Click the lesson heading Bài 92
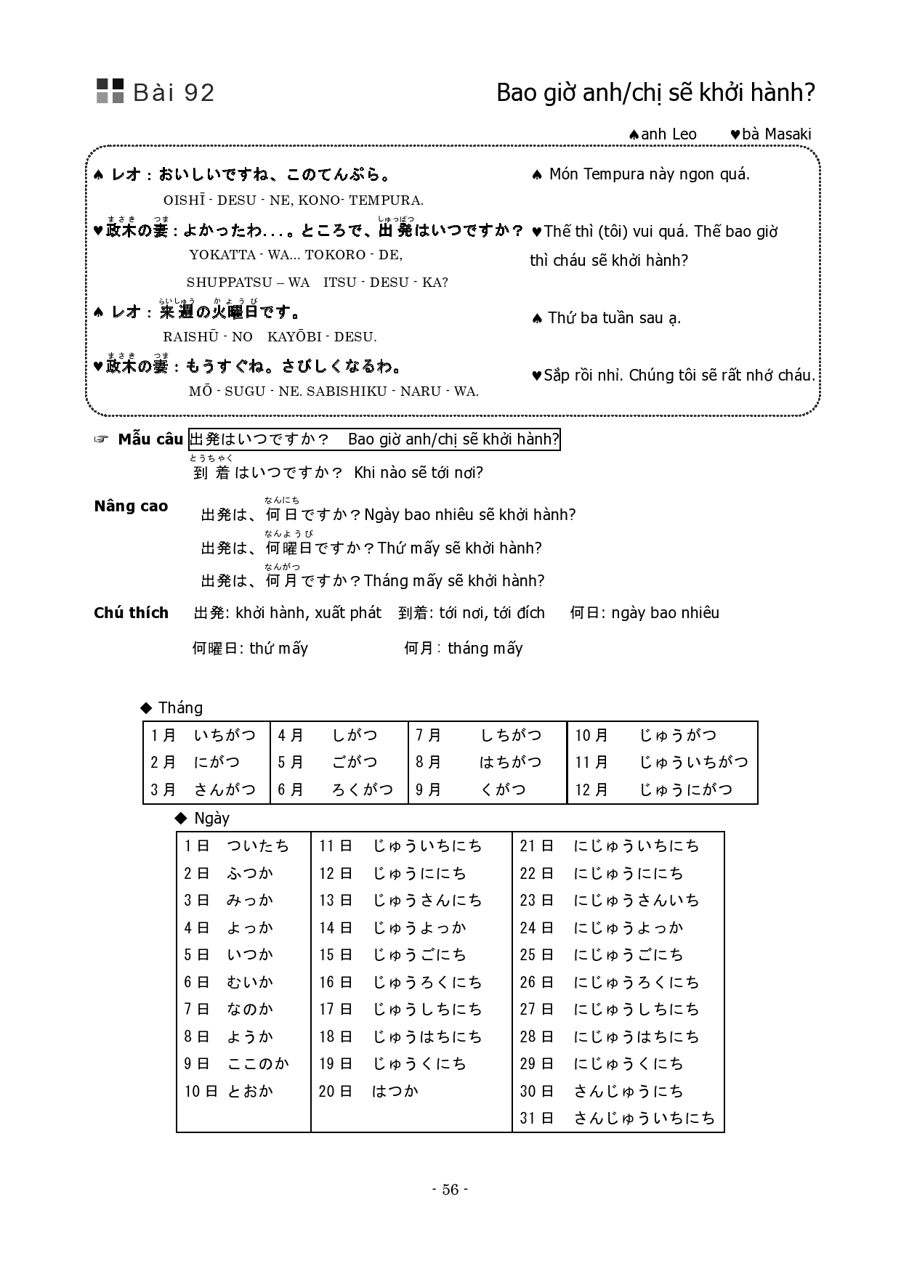point(174,93)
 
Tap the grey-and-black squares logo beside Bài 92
point(110,91)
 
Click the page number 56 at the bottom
point(450,1189)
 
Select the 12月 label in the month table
point(591,790)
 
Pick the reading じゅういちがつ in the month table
point(693,762)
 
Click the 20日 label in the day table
point(335,1091)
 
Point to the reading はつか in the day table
point(395,1091)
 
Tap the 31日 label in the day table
point(537,1118)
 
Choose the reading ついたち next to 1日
point(258,845)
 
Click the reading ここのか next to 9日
point(258,1063)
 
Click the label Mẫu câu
point(150,439)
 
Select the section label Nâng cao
point(131,506)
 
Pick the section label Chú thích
point(131,613)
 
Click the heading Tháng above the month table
point(180,707)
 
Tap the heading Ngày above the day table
point(211,818)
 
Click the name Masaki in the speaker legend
point(788,134)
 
